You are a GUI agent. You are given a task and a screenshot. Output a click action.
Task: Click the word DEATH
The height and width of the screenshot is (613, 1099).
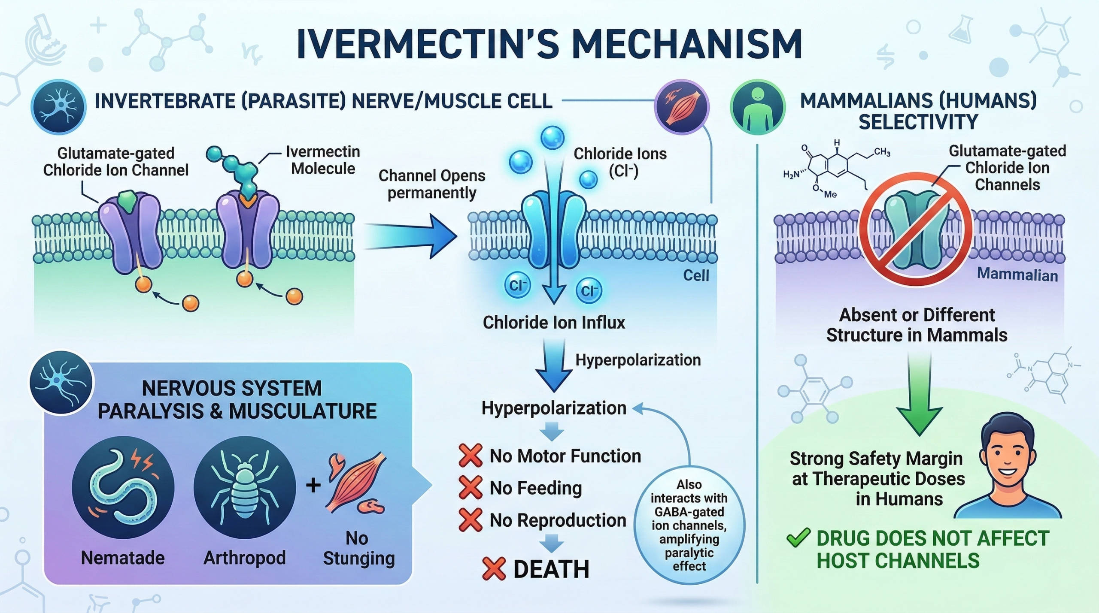point(551,570)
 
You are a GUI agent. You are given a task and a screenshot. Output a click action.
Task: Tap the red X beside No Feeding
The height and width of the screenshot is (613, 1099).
point(470,488)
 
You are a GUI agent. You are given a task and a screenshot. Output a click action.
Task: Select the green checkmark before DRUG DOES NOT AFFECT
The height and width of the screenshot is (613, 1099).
point(798,538)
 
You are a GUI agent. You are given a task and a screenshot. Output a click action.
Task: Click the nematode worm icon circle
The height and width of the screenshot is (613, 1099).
point(123,487)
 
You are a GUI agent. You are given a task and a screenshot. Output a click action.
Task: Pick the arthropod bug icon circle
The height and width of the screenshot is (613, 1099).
point(245,487)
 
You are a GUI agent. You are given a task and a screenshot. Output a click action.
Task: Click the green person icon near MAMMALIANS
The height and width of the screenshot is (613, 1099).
point(758,107)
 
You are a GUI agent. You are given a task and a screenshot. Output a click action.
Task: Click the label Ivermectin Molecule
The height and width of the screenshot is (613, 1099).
point(323,160)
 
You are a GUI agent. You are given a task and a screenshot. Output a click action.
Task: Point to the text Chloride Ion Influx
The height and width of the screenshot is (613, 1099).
point(554,322)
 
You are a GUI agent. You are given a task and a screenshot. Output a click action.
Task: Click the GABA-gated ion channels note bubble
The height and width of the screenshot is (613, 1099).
point(689,525)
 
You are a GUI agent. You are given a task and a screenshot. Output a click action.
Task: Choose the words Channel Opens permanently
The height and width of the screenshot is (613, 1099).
point(432,184)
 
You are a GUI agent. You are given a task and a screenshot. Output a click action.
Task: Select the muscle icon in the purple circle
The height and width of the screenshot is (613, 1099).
point(681,108)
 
